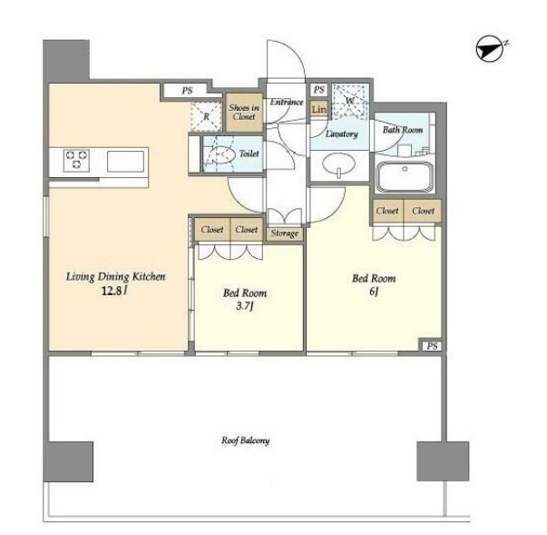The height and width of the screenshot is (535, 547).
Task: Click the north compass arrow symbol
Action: pos(491,49)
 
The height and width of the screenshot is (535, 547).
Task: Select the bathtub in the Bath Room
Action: pos(405,176)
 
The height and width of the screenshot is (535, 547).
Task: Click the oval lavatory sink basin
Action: pos(338,163)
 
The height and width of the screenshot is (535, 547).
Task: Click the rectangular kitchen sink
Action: pos(125,161)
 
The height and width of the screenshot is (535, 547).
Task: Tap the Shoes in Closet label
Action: pos(244,112)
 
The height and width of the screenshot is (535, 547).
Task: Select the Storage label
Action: pos(285,233)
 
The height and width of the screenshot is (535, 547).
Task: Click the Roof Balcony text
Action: pos(245,441)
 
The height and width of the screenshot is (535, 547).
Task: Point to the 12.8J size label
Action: pos(113,291)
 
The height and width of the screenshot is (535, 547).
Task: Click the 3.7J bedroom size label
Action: pos(245,306)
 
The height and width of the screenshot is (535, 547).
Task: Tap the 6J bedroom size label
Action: pos(374,292)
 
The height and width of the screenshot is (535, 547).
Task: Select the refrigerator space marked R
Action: pos(206,116)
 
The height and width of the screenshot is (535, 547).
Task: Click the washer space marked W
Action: pos(349,101)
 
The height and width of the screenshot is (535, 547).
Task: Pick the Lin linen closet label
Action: pos(318,109)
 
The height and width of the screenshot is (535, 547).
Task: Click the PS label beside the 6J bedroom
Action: pos(432,346)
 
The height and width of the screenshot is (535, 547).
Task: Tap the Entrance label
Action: pos(287,102)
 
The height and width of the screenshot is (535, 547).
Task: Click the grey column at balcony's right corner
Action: pos(443,461)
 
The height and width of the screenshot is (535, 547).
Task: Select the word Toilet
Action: pos(249,154)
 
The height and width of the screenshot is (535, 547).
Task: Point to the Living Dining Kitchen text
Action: pos(115,276)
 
